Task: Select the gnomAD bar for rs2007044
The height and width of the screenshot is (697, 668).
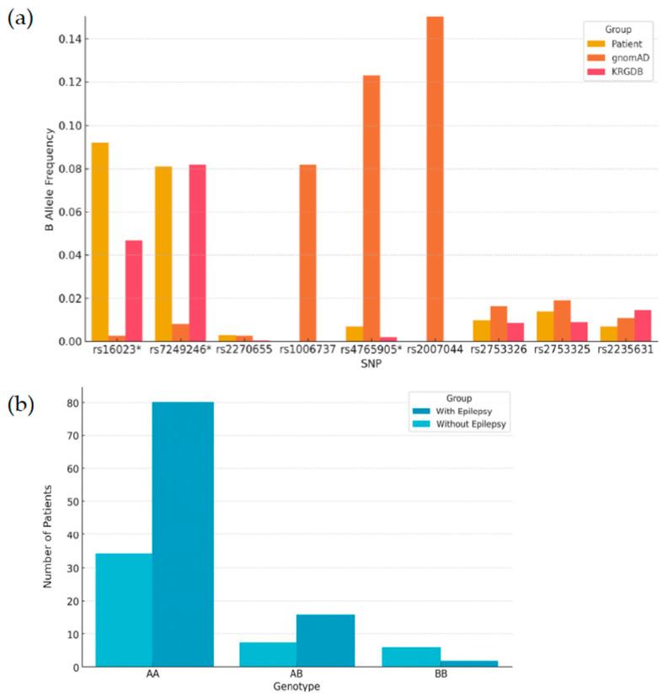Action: (x=435, y=178)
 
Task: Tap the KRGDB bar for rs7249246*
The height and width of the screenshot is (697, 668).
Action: (x=197, y=253)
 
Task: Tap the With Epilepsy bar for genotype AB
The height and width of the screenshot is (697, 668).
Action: (x=324, y=641)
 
